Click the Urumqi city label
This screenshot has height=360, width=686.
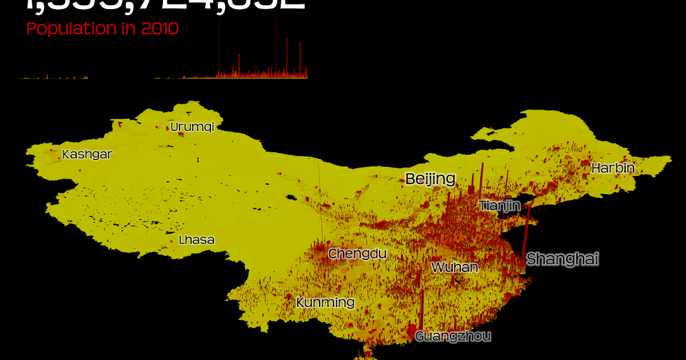[x=192, y=127]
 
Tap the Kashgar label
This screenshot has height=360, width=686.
[x=87, y=154]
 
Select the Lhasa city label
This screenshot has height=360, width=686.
[x=196, y=240]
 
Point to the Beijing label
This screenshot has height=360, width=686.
[x=430, y=179]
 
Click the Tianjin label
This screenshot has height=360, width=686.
[x=500, y=206]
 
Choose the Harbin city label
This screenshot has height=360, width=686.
[x=613, y=169]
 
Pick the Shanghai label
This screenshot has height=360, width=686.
[x=563, y=259]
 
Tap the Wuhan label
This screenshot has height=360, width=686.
[x=454, y=267]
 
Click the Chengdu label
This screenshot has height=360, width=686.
[x=357, y=253]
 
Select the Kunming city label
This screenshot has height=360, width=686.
[x=325, y=302]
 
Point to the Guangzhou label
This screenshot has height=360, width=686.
[x=453, y=336]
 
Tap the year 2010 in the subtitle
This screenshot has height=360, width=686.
[x=159, y=29]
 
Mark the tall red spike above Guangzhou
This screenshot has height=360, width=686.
[x=422, y=311]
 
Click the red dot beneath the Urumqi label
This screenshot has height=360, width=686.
[x=181, y=135]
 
